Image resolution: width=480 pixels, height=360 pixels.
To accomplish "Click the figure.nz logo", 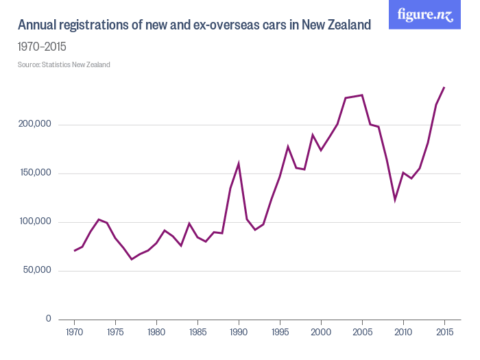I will (x=425, y=14).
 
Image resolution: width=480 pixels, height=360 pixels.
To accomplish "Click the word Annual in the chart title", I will (x=38, y=25).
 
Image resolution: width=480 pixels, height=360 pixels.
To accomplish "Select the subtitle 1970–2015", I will (x=42, y=47).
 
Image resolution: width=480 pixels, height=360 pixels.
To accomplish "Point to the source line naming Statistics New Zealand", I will (x=64, y=65).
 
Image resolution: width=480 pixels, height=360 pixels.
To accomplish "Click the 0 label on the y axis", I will (x=48, y=319).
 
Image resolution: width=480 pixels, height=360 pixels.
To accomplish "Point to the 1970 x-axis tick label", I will (x=75, y=333).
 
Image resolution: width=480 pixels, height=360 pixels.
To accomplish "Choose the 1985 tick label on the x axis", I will (x=197, y=333).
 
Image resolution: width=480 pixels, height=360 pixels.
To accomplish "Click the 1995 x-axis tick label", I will (x=280, y=333).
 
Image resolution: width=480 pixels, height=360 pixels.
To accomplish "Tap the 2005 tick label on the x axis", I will (x=362, y=333).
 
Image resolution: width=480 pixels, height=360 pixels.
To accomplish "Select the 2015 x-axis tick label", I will (x=444, y=333).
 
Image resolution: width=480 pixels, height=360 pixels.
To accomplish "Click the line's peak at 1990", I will (x=239, y=164).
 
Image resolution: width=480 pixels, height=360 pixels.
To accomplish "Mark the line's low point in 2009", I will (x=395, y=200).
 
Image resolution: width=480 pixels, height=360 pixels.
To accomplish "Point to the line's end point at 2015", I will (x=444, y=87).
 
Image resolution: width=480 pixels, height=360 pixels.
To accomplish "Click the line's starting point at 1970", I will (x=75, y=250).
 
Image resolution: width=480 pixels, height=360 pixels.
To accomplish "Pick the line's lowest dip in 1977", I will (x=132, y=259).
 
